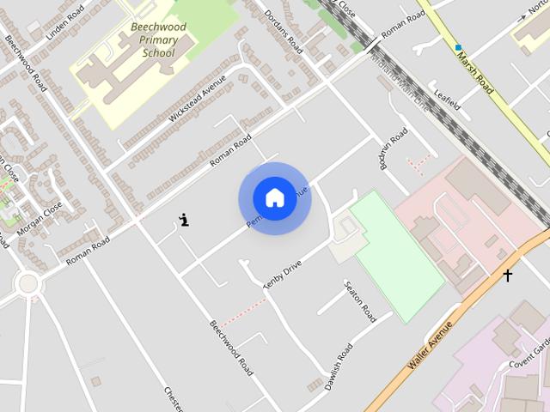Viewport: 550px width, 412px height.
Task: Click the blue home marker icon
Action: tap(274, 198)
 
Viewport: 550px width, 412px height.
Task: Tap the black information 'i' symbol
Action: tap(184, 220)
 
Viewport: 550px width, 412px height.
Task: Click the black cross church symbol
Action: tap(508, 276)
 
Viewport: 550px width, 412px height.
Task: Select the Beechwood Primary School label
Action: tap(158, 39)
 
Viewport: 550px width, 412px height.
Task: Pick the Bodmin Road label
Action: tap(393, 149)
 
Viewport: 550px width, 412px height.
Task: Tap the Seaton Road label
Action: tap(360, 301)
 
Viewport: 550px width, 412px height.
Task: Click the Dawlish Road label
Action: tap(339, 367)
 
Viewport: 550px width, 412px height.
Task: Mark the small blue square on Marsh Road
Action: tap(458, 47)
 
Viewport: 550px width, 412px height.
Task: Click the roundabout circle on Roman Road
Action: tap(27, 282)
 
